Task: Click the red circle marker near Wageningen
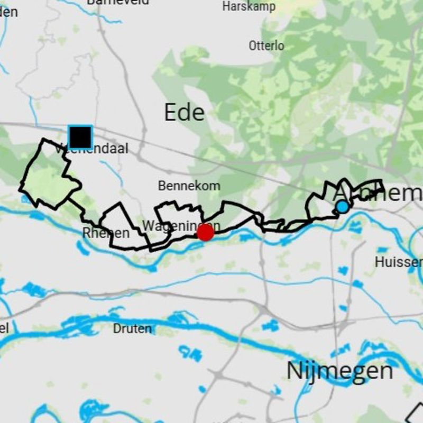tap(205, 232)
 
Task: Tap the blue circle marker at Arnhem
tap(343, 207)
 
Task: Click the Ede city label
tap(184, 113)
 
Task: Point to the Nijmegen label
tap(339, 371)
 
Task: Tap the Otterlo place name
tap(266, 46)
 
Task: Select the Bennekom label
tap(189, 186)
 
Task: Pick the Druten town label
tap(132, 329)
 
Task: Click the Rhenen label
tap(106, 233)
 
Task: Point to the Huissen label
tap(399, 262)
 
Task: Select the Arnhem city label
tap(378, 193)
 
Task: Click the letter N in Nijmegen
tap(295, 371)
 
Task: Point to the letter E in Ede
tap(171, 113)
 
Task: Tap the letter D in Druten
tap(116, 329)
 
